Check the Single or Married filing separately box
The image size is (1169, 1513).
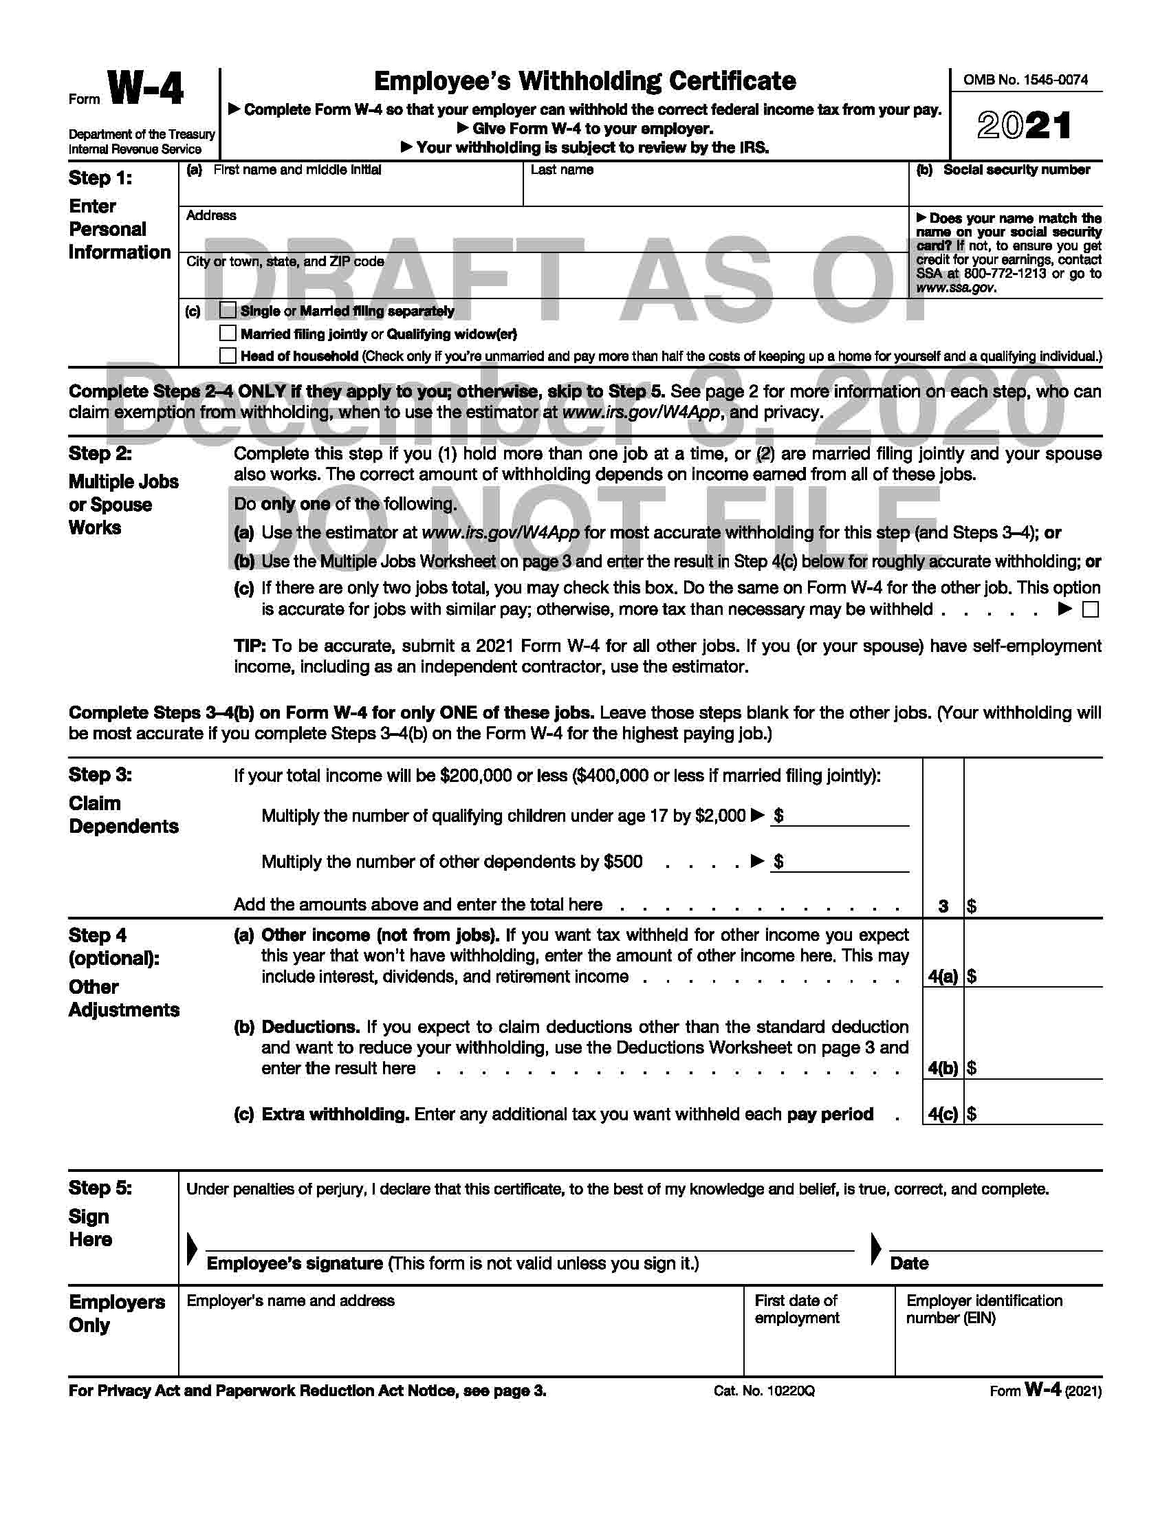tap(228, 310)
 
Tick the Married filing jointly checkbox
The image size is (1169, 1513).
tap(228, 334)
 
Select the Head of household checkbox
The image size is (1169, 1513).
tap(228, 356)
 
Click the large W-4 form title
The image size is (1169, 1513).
tap(146, 90)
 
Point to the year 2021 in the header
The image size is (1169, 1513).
tap(1025, 126)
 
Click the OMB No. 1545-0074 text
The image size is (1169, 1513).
tap(1025, 80)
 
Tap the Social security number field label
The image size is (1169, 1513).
tap(1016, 170)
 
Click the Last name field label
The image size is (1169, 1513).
tap(562, 170)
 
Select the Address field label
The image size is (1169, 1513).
tap(211, 215)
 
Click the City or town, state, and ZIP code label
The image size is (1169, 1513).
tap(285, 261)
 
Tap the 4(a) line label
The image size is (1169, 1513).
tap(943, 976)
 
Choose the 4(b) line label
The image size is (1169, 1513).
tap(943, 1067)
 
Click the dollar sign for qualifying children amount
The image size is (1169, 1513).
tap(779, 816)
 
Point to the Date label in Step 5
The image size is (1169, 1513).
tap(908, 1263)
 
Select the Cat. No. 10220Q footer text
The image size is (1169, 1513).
tap(764, 1391)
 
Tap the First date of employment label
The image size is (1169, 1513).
tap(796, 1309)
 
